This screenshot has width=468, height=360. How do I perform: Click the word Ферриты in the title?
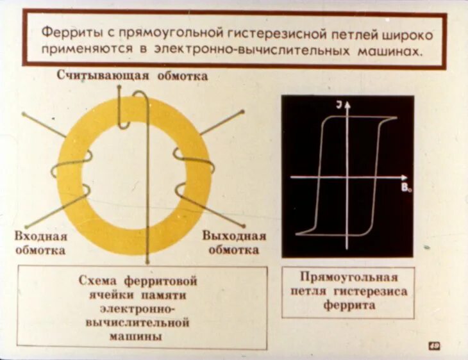click(65, 32)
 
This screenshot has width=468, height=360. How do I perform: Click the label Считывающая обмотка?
click(132, 76)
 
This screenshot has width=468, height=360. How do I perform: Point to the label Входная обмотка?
click(40, 243)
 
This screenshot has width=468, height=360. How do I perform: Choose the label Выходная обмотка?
click(233, 243)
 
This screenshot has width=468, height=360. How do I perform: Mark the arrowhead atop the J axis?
click(346, 105)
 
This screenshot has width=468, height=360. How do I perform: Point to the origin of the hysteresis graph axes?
click(346, 176)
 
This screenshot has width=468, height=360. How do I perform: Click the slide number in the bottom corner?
click(434, 347)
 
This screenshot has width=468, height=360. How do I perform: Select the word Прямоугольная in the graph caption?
click(348, 278)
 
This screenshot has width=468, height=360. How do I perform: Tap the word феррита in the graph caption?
click(348, 306)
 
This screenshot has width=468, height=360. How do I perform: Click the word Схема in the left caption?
click(100, 281)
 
